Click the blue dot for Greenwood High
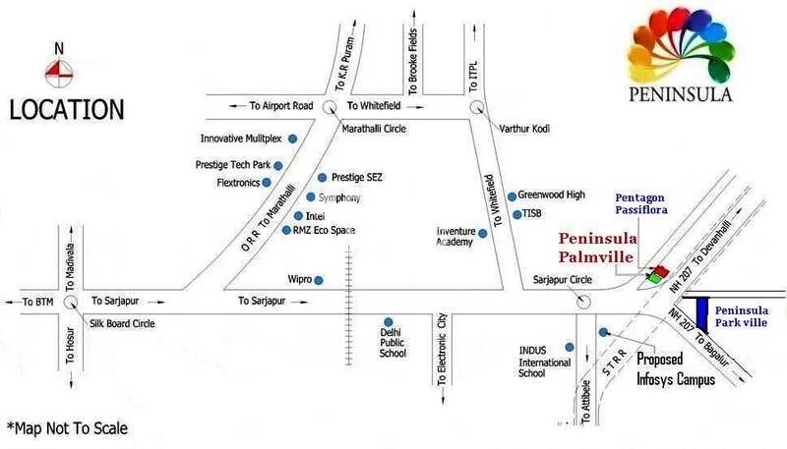click(512, 196)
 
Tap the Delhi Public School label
click(393, 345)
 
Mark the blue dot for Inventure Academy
click(482, 233)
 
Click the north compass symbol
click(58, 68)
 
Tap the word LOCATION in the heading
click(67, 109)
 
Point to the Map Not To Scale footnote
click(67, 428)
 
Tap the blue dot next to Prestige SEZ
click(322, 178)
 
